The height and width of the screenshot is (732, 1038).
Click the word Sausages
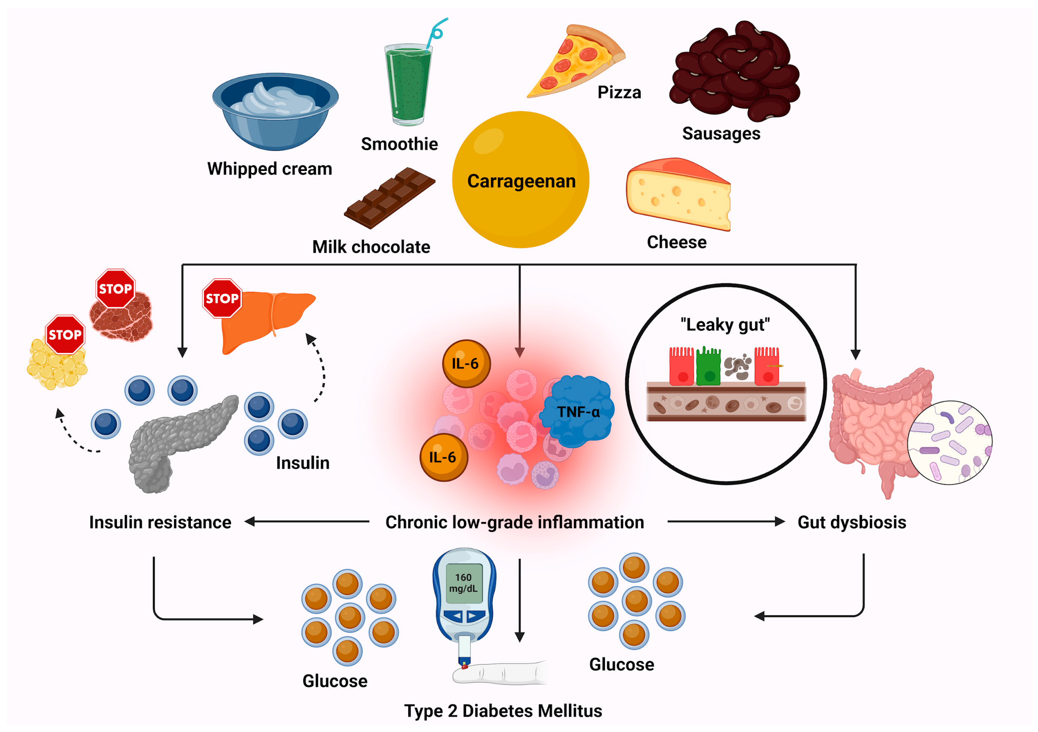721,134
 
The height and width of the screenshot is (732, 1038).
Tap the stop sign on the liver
222,298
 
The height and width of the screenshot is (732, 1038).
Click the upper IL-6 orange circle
466,363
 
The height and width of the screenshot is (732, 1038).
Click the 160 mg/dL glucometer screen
463,583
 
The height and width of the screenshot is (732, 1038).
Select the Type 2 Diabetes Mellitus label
503,710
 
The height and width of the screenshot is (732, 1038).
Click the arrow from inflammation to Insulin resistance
307,521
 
